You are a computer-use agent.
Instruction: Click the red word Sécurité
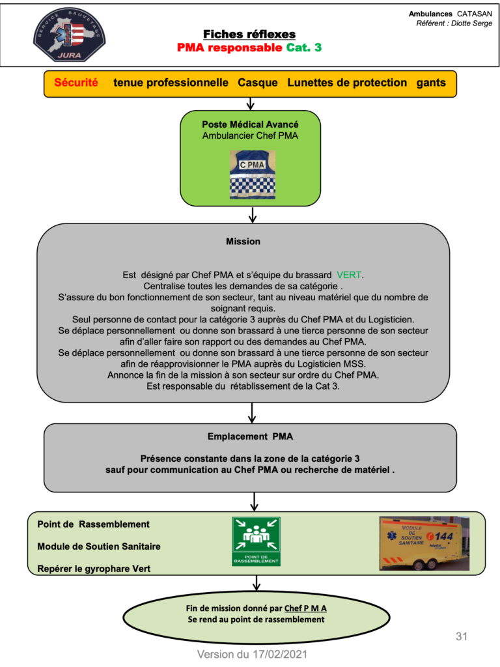click(76, 83)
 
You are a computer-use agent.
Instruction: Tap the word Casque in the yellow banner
click(258, 83)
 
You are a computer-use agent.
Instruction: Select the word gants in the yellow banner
click(431, 83)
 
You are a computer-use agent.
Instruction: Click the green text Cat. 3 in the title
click(303, 47)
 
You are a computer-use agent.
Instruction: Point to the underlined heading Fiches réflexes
click(249, 34)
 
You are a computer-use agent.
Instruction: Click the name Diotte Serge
click(471, 23)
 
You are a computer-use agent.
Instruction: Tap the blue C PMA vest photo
click(253, 175)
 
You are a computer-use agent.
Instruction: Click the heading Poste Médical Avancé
click(250, 124)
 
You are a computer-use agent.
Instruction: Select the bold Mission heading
click(243, 242)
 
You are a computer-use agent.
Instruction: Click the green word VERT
click(349, 275)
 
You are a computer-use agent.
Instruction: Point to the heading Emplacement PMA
click(250, 436)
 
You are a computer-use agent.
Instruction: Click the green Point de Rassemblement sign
click(256, 541)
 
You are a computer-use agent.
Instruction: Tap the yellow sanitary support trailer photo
click(424, 543)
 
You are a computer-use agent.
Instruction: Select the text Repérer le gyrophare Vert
click(94, 569)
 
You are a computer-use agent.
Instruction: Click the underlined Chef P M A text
click(305, 608)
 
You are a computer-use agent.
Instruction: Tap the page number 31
click(462, 636)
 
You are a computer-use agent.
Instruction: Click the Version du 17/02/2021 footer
click(252, 654)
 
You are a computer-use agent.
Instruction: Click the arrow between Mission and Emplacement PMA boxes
click(252, 412)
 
